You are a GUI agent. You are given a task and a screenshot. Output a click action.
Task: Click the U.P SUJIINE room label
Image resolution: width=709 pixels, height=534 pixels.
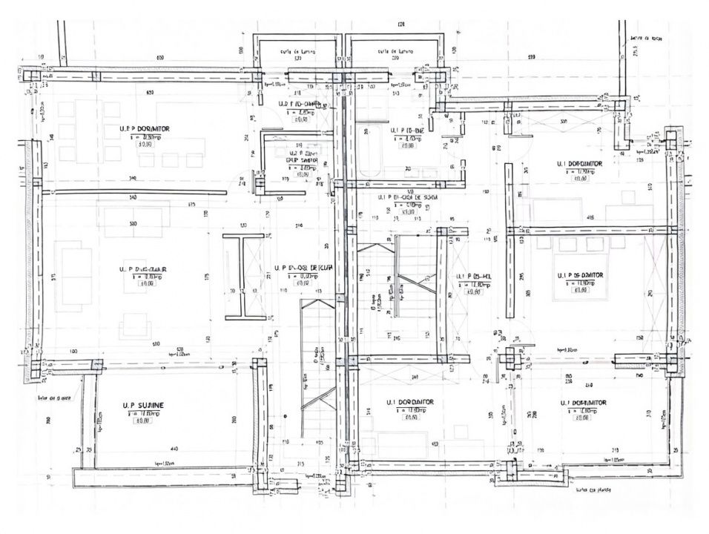[144, 405]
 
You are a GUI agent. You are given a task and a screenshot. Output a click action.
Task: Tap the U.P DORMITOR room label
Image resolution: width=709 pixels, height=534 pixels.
[145, 128]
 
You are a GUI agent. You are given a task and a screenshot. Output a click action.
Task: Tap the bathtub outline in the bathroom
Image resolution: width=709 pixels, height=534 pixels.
[371, 153]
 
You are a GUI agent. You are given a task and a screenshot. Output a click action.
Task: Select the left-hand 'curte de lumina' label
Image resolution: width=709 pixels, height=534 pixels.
[297, 51]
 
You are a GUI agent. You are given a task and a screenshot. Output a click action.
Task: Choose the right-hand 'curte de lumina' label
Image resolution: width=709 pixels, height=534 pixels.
[394, 51]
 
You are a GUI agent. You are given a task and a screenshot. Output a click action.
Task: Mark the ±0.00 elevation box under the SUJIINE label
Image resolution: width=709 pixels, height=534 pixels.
[142, 421]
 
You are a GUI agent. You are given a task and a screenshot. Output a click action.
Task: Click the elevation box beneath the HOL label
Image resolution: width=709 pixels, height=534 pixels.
[473, 291]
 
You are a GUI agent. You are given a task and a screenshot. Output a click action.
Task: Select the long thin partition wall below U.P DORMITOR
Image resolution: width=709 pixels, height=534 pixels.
[133, 191]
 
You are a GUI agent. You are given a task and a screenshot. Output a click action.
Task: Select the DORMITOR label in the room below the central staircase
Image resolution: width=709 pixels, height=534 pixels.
[410, 402]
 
